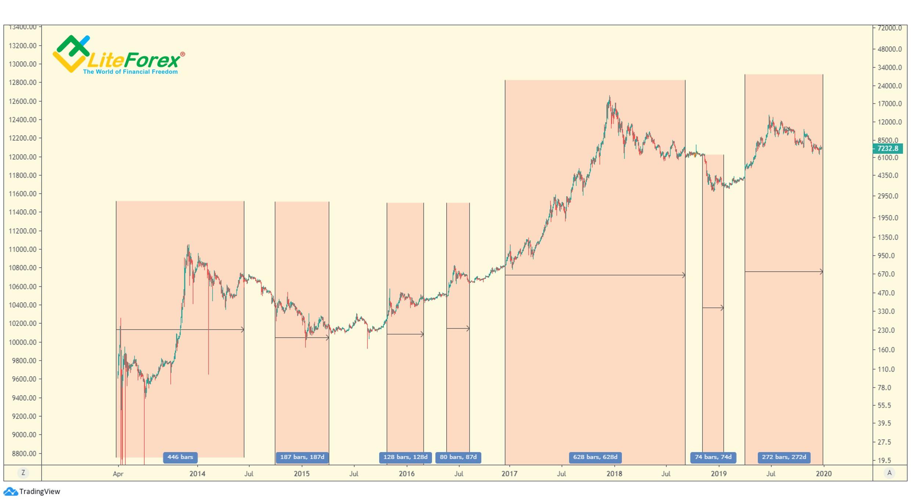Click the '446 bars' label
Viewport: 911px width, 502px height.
pyautogui.click(x=180, y=457)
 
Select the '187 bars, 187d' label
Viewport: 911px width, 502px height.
pyautogui.click(x=302, y=457)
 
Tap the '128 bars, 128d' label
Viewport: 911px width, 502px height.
pyautogui.click(x=405, y=457)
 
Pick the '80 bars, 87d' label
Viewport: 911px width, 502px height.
pyautogui.click(x=458, y=457)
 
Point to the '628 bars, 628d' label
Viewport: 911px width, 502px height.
pyautogui.click(x=595, y=457)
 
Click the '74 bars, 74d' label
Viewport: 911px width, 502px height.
pyautogui.click(x=713, y=457)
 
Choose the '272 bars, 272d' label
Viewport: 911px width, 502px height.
pyautogui.click(x=784, y=457)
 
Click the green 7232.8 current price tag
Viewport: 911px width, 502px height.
pyautogui.click(x=887, y=149)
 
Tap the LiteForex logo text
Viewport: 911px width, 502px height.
pyautogui.click(x=134, y=59)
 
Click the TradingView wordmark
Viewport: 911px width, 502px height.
pyautogui.click(x=39, y=492)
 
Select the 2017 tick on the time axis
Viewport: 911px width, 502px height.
pyautogui.click(x=509, y=474)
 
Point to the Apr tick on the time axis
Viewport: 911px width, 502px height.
pyautogui.click(x=118, y=474)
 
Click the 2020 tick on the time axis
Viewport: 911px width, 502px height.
pyautogui.click(x=824, y=474)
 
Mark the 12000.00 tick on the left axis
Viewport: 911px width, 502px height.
pyautogui.click(x=22, y=157)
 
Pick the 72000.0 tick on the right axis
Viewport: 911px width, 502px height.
pyautogui.click(x=889, y=28)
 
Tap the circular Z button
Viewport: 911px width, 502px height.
pyautogui.click(x=23, y=473)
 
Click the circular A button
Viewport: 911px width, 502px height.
pyautogui.click(x=889, y=473)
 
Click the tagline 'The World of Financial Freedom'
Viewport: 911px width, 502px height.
pyautogui.click(x=130, y=72)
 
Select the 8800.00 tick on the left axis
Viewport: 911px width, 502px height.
pyautogui.click(x=22, y=454)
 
